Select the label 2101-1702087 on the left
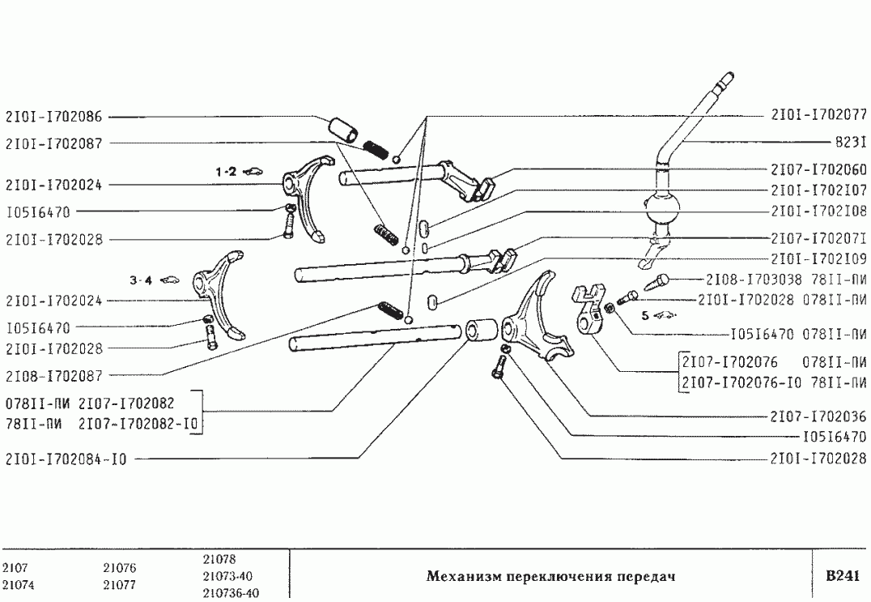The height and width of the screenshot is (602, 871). (x=53, y=143)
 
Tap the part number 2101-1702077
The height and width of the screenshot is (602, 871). (x=818, y=114)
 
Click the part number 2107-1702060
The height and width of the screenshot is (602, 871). (x=818, y=170)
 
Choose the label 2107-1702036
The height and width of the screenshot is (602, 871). (x=818, y=417)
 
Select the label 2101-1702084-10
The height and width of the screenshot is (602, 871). (x=66, y=460)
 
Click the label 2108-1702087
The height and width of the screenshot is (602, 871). (x=53, y=375)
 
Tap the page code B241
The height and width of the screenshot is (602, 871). (x=841, y=576)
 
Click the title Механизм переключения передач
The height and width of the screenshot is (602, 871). (x=550, y=577)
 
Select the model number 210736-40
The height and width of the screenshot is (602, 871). (x=231, y=593)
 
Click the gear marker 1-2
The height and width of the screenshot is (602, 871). (x=226, y=172)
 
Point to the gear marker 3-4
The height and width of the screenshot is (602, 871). (x=141, y=280)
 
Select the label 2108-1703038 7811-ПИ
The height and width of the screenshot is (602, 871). (x=786, y=280)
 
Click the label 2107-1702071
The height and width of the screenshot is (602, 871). (x=818, y=240)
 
